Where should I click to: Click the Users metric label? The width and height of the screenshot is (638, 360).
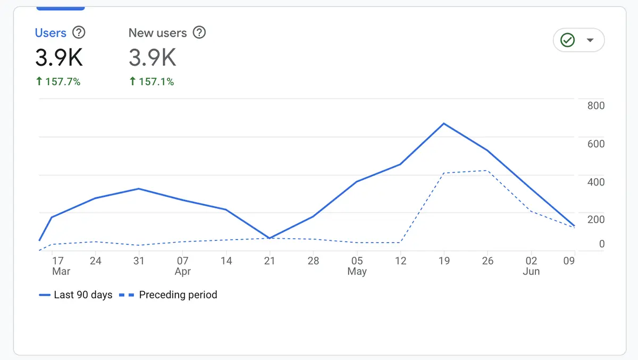[51, 33]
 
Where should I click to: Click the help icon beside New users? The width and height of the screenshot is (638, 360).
[199, 33]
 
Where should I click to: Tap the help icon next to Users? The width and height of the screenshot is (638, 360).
[79, 33]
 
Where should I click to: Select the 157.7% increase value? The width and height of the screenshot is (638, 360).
[58, 81]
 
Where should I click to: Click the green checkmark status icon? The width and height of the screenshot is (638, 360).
[568, 40]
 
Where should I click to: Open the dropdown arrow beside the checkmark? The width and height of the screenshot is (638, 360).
[590, 40]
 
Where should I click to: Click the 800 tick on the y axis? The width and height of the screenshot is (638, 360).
[595, 106]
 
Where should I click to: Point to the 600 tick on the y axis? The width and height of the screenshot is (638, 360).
[595, 144]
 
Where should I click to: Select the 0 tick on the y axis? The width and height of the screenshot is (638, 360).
[601, 244]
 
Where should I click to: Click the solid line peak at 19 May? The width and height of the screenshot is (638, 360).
[443, 123]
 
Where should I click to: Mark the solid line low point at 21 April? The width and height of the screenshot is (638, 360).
[270, 238]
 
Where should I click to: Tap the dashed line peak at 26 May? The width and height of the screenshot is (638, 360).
[487, 171]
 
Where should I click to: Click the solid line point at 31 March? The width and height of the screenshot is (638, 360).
[138, 189]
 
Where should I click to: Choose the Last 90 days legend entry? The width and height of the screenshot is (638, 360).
[75, 295]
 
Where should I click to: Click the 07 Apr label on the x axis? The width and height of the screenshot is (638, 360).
[182, 265]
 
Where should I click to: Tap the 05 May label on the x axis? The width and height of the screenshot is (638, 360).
[357, 265]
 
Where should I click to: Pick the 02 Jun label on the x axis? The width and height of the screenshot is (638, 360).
[531, 265]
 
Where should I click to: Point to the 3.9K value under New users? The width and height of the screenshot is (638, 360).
[152, 57]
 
